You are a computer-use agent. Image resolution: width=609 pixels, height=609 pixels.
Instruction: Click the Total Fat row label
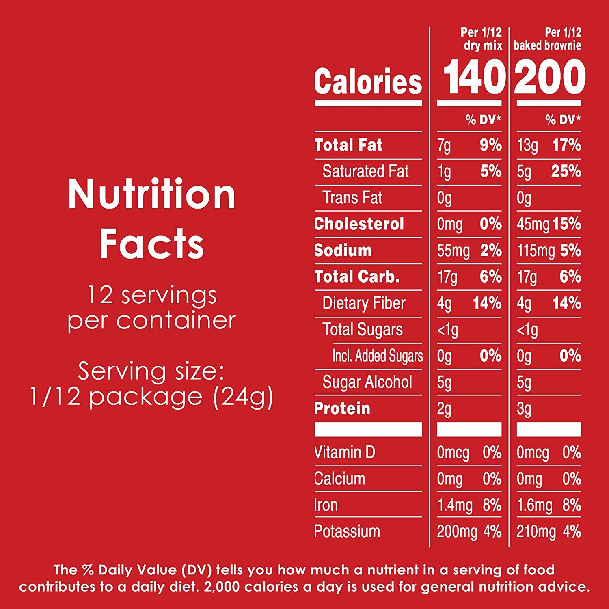click(348, 145)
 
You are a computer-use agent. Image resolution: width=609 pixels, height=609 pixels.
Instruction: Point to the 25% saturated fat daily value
click(566, 171)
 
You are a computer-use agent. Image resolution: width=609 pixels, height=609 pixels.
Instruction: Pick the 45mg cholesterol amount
click(533, 225)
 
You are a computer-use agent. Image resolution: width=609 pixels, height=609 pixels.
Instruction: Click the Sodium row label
click(343, 251)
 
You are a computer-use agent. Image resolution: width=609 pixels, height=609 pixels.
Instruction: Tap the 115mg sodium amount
click(536, 251)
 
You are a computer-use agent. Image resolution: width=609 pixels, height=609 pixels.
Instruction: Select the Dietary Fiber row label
click(364, 303)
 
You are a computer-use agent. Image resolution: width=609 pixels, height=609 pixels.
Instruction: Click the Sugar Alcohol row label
click(367, 382)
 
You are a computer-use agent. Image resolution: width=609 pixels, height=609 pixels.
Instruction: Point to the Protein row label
click(342, 408)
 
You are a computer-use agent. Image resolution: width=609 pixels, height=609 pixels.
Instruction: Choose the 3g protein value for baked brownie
click(524, 409)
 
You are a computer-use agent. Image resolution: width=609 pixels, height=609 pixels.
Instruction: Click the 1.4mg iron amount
click(455, 505)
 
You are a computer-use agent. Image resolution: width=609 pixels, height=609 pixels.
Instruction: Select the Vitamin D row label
click(345, 452)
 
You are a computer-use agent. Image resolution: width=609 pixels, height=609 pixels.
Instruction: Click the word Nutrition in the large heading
click(152, 195)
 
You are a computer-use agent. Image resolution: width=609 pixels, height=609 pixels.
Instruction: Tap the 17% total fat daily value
click(566, 145)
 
